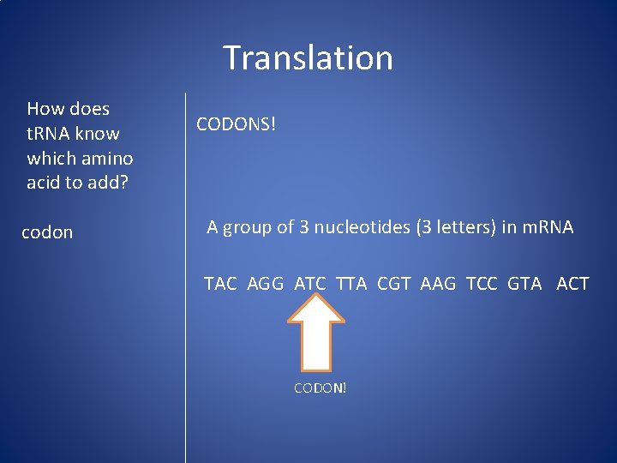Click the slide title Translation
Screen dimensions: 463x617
(x=308, y=58)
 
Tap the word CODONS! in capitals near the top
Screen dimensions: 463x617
(x=237, y=124)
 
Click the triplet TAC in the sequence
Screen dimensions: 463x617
(x=220, y=284)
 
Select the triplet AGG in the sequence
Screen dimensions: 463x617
(x=265, y=284)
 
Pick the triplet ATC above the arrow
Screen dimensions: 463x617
(x=310, y=284)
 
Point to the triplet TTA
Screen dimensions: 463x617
(x=351, y=284)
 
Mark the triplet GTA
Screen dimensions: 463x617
(x=524, y=284)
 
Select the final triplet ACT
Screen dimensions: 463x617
(x=572, y=284)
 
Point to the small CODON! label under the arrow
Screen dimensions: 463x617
(x=320, y=388)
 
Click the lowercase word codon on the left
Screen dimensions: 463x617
(x=47, y=232)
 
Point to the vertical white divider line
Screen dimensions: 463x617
(x=185, y=343)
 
